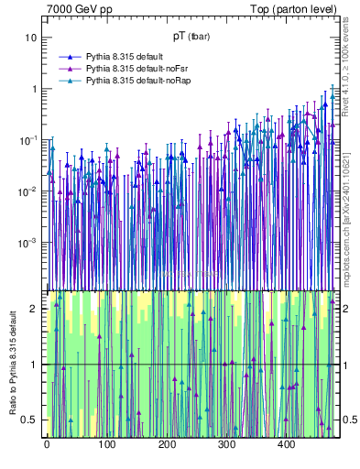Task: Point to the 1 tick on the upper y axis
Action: point(34,89)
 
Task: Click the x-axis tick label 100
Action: point(106,444)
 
